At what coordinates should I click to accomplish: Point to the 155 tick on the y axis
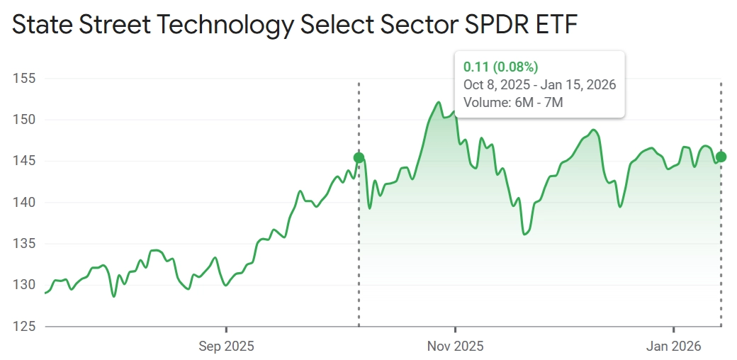26,79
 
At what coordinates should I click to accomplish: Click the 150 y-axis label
26,120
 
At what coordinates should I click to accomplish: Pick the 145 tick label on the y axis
26,162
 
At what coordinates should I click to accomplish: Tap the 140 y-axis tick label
26,203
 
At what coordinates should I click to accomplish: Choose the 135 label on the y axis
26,244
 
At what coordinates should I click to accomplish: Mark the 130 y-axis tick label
26,285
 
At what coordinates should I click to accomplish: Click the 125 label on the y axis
26,327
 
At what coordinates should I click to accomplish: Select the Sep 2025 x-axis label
226,347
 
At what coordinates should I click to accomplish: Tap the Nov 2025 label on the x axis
456,347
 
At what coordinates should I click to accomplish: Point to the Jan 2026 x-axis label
673,347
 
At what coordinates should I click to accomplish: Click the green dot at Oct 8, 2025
359,157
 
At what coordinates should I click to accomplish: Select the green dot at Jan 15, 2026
721,157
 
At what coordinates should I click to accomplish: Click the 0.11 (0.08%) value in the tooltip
500,67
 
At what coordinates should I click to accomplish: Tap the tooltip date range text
539,85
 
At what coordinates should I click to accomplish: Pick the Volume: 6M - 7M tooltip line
513,103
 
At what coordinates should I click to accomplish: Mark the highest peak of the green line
439,103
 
